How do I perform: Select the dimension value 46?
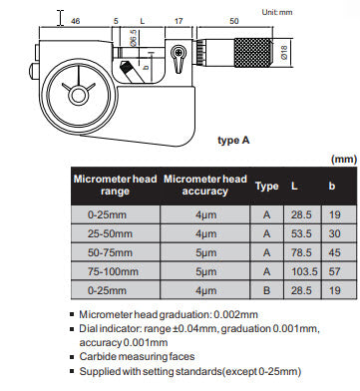point(76,20)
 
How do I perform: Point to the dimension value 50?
point(232,20)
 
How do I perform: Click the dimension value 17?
point(178,20)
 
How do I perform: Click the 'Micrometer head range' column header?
point(114,186)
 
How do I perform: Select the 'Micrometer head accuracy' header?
point(204,186)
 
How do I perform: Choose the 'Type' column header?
point(266,186)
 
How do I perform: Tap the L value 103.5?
point(301,272)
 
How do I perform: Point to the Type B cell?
point(266,291)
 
